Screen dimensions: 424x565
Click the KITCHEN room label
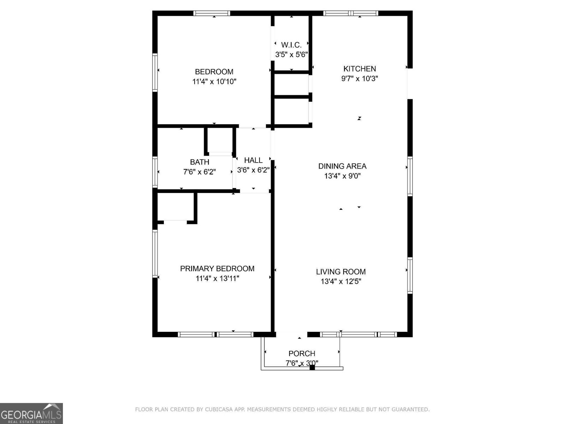tap(359, 69)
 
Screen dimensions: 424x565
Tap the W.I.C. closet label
tap(291, 45)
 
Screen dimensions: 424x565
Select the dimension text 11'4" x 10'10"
tap(214, 82)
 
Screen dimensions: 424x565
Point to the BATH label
tap(200, 162)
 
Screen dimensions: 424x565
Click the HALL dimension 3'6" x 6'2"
tap(253, 170)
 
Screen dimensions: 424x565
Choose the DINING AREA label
tap(342, 166)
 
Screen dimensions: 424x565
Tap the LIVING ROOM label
tap(341, 272)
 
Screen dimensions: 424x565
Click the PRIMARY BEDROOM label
tap(217, 269)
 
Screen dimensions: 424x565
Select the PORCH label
tap(302, 353)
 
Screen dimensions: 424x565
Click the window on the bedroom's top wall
tap(212, 13)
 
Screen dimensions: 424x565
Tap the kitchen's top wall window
tap(351, 13)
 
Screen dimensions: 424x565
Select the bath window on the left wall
tap(155, 172)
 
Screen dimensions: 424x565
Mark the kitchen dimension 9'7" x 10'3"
tap(359, 78)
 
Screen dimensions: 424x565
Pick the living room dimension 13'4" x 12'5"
tap(341, 282)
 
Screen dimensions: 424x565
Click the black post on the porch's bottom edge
tap(312, 368)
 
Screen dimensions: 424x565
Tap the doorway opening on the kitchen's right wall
tap(410, 84)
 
